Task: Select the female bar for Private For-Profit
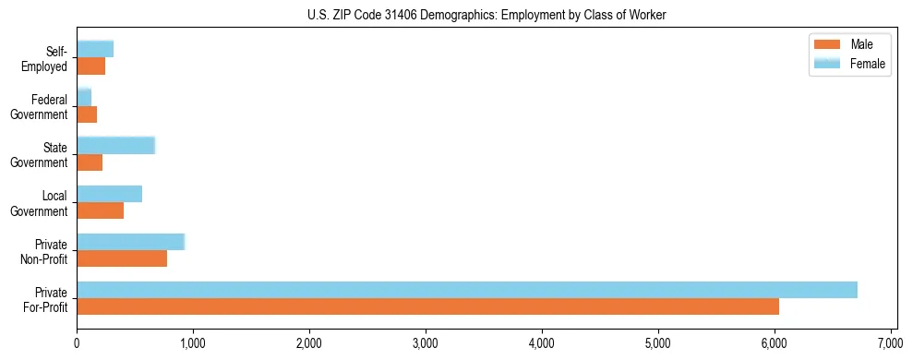[x=467, y=289]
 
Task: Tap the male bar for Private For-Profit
[x=427, y=306]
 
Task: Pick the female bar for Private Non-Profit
[x=131, y=242]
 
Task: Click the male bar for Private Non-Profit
[x=122, y=258]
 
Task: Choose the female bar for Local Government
[x=109, y=194]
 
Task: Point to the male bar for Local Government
[x=100, y=210]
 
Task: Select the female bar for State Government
[x=115, y=146]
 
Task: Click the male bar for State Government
[x=90, y=162]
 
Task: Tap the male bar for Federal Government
[x=87, y=114]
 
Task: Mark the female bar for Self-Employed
[x=95, y=50]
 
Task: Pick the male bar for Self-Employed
[x=90, y=66]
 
